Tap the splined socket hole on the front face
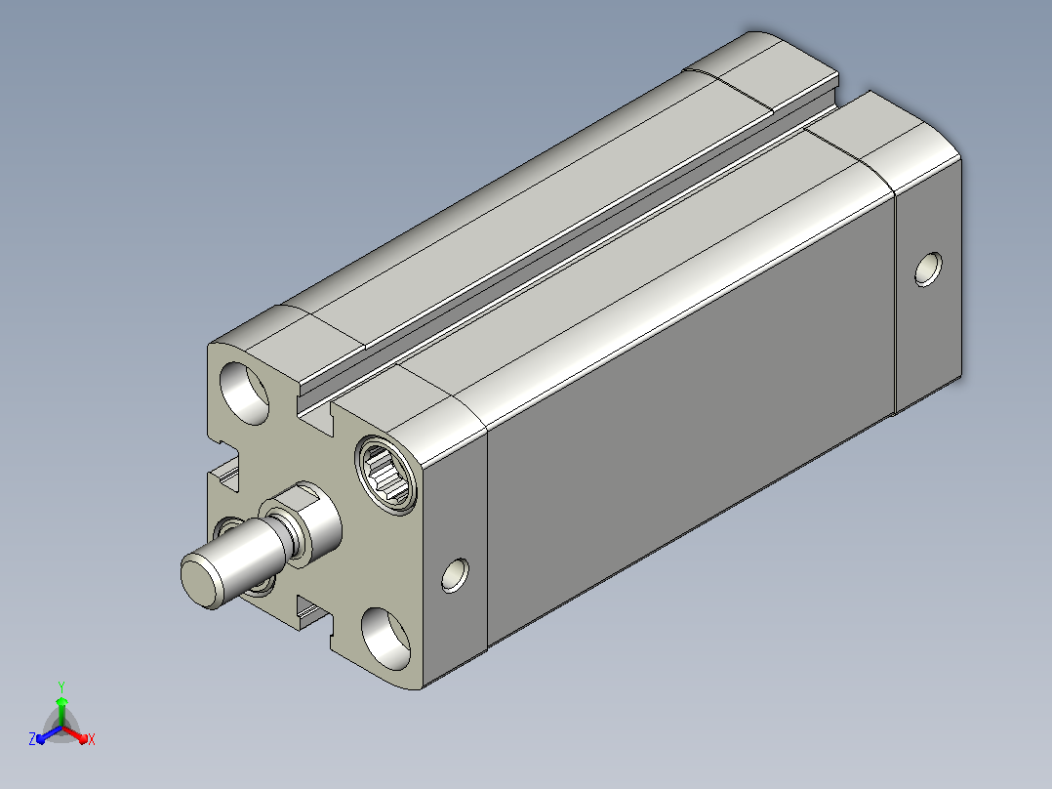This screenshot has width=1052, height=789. click(x=387, y=477)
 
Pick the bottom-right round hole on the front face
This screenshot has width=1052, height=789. click(x=385, y=639)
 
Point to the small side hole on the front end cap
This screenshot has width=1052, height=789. click(x=455, y=575)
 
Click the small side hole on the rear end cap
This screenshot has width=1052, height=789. click(x=929, y=270)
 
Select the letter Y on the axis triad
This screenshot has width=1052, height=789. click(x=61, y=686)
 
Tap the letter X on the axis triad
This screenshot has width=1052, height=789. click(x=92, y=739)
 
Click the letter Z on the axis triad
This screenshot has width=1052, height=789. click(x=32, y=739)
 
